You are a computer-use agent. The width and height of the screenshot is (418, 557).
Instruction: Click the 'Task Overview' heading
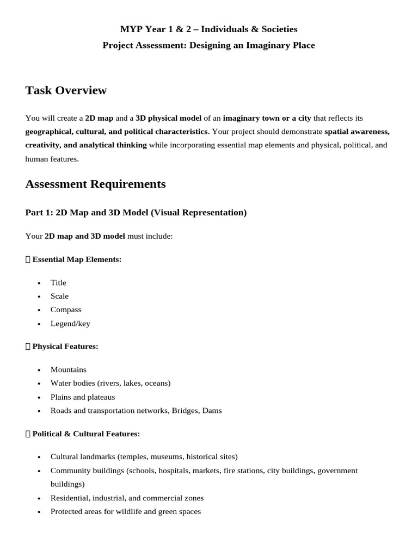66,90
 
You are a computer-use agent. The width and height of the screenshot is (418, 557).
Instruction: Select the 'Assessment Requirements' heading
95,184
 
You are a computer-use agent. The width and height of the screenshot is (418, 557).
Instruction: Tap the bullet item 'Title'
58,282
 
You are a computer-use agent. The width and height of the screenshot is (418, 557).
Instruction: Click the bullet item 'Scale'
59,296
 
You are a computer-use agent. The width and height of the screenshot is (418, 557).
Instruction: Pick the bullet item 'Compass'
66,310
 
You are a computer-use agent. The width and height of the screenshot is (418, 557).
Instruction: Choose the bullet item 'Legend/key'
70,324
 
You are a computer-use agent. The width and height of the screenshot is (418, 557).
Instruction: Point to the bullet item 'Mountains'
69,369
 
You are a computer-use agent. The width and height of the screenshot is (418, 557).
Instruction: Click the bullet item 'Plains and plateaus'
83,397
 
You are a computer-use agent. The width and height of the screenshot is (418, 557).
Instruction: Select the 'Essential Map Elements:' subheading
77,259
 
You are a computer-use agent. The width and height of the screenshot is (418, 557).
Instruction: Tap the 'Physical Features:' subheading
65,346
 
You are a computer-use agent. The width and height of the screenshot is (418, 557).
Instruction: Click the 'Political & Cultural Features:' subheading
86,434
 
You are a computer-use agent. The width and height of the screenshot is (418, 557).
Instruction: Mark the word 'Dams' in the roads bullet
212,411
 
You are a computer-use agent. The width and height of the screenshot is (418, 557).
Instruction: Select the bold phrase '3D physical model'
168,117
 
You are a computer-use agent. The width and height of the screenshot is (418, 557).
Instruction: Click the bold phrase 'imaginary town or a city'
267,117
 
